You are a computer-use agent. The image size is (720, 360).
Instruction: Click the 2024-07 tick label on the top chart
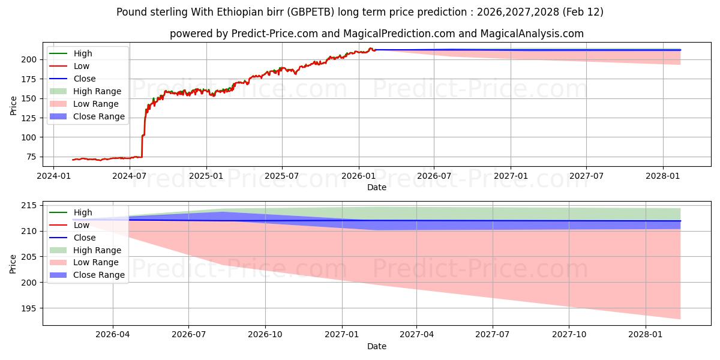[x=130, y=176]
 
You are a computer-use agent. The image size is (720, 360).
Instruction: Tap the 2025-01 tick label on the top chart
[x=206, y=176]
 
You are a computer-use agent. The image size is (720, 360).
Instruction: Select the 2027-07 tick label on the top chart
[x=586, y=176]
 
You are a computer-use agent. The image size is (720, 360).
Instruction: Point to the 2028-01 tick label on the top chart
[x=663, y=176]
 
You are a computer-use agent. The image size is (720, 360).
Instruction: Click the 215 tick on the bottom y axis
[x=30, y=206]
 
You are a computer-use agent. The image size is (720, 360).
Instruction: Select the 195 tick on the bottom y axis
[x=30, y=308]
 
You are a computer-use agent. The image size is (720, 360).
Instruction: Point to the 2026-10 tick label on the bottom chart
[x=265, y=335]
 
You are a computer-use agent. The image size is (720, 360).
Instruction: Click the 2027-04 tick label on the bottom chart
[x=417, y=335]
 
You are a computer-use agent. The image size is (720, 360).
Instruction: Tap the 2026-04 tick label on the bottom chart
[x=113, y=335]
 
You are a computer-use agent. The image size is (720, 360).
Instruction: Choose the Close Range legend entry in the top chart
[x=99, y=116]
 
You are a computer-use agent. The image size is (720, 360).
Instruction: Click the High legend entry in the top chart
[x=83, y=53]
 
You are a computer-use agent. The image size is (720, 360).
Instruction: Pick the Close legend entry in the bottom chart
[x=84, y=238]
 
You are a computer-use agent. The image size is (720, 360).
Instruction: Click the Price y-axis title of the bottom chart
[x=13, y=263]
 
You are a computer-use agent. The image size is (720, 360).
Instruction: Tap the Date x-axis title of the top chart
[x=377, y=187]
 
